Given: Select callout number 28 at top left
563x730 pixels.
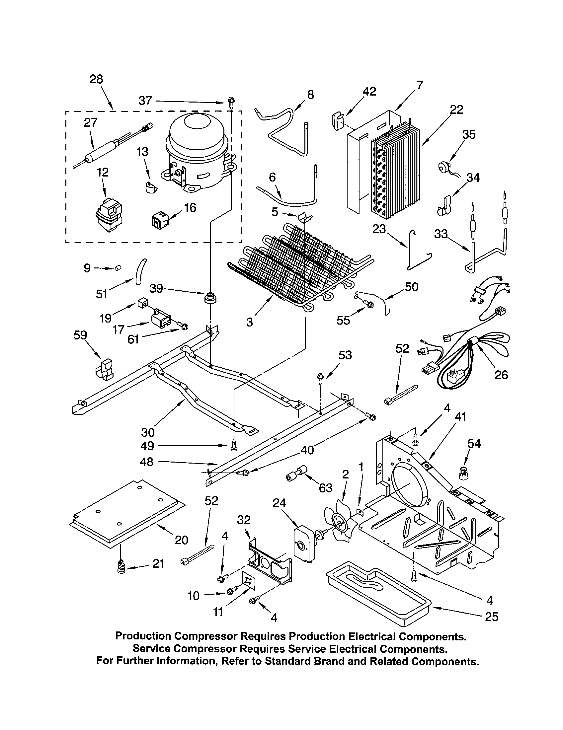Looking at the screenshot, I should point(96,79).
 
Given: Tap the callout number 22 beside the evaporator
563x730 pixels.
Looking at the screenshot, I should point(457,110).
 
